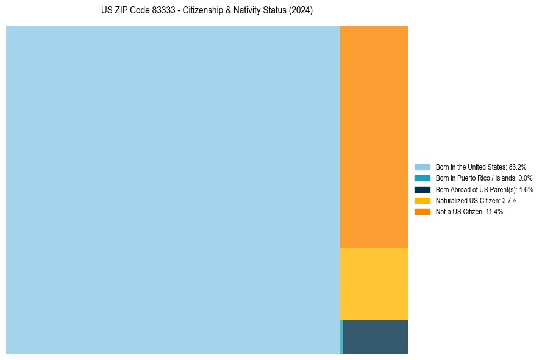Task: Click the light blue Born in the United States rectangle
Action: [x=173, y=190]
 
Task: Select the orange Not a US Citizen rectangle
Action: [x=374, y=137]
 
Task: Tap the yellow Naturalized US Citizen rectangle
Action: [x=374, y=284]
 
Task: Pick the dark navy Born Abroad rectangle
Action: [x=376, y=337]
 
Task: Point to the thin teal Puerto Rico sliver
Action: [x=341, y=337]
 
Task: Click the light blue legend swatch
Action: [x=422, y=167]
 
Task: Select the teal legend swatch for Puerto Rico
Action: [x=422, y=178]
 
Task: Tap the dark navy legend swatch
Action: [x=422, y=189]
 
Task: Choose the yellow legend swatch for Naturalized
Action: [x=422, y=200]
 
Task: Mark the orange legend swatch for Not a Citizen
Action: [x=422, y=212]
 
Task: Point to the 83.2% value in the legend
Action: [x=518, y=167]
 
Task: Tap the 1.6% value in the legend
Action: [x=526, y=189]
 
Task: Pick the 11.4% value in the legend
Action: [x=494, y=212]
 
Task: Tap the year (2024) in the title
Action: [x=301, y=11]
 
